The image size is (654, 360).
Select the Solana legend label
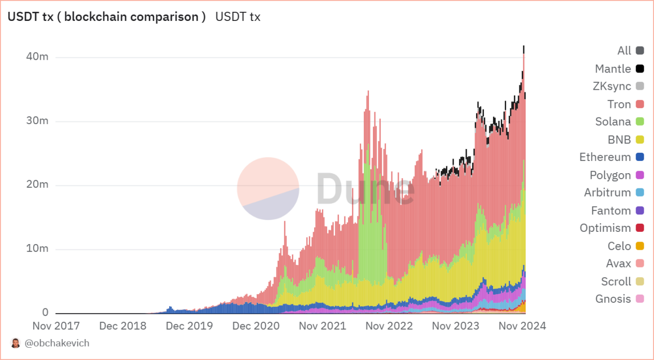click(613, 122)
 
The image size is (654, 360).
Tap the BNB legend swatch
click(640, 139)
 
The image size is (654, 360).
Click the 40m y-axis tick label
click(37, 56)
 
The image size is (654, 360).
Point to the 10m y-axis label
click(37, 249)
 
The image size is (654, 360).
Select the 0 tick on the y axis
click(45, 313)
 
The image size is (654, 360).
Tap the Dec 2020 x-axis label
click(256, 326)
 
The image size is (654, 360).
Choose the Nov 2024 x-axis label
click(523, 326)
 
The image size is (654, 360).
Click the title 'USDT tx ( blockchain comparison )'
click(106, 17)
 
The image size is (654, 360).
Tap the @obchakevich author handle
click(57, 343)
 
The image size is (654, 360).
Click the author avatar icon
click(16, 343)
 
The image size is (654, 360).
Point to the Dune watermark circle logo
click(268, 188)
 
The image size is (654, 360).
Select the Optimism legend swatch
click(640, 228)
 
